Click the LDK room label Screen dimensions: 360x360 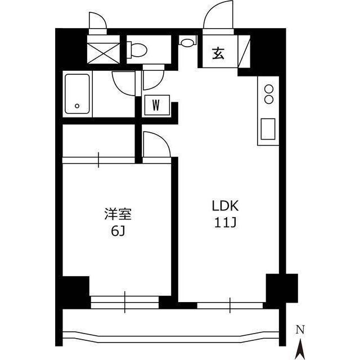click(x=225, y=206)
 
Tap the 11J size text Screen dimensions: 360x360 click(x=225, y=222)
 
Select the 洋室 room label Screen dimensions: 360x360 click(x=118, y=214)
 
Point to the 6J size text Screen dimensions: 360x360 click(x=118, y=231)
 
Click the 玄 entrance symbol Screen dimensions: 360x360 click(x=218, y=53)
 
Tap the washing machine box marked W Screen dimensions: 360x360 click(x=157, y=105)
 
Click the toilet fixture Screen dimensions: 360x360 click(x=137, y=49)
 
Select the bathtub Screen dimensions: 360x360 click(x=77, y=94)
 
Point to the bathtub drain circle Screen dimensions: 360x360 click(x=77, y=106)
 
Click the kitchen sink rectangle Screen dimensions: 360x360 click(x=268, y=129)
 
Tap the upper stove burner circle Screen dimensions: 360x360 click(x=269, y=89)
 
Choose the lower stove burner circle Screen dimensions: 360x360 click(x=269, y=100)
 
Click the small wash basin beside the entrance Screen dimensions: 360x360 click(x=187, y=42)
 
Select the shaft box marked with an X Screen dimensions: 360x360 click(x=103, y=53)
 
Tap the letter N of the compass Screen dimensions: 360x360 click(x=300, y=330)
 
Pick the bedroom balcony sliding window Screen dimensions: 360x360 click(x=125, y=302)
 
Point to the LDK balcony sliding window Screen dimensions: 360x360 click(x=230, y=305)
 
